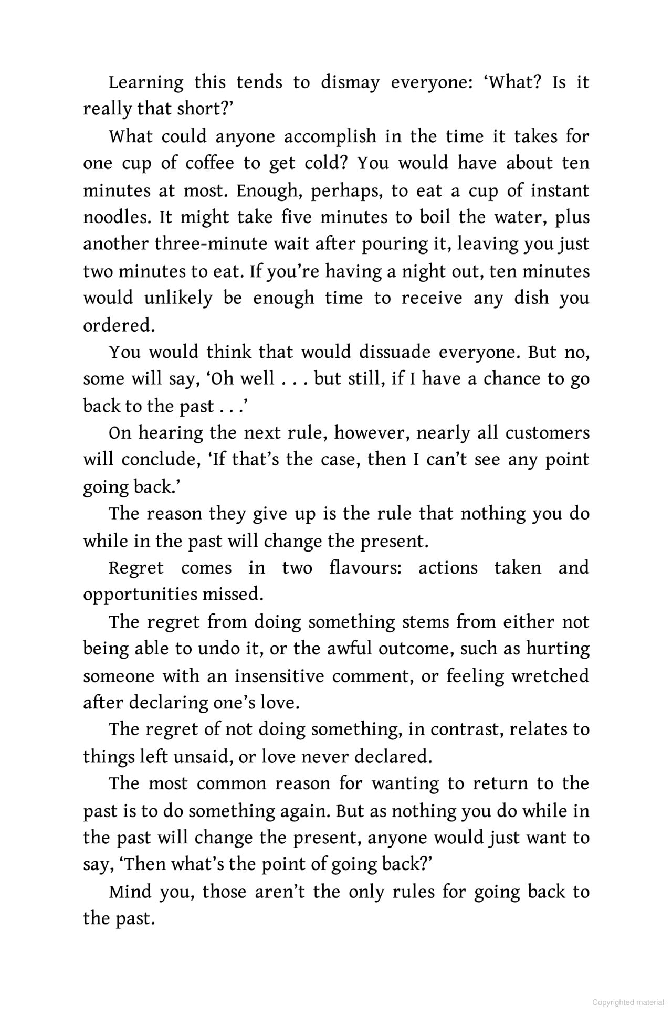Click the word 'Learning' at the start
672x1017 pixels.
click(146, 83)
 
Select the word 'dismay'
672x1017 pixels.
click(350, 83)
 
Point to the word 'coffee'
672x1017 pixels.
click(209, 164)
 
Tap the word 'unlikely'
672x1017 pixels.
click(178, 298)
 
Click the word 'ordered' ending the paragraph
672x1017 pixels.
click(119, 325)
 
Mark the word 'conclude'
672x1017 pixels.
click(162, 460)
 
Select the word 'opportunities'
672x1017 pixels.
click(140, 595)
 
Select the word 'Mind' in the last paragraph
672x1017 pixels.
click(129, 892)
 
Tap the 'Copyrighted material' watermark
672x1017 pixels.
click(628, 1002)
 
